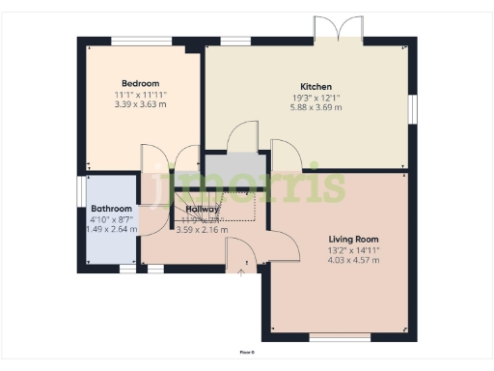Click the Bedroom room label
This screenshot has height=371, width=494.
[x=140, y=83]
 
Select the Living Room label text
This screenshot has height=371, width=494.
[x=353, y=239]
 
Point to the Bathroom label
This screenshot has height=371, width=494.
[x=111, y=209]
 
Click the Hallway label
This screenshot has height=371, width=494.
[x=202, y=209]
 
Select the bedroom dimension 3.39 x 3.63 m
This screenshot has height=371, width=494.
[x=140, y=104]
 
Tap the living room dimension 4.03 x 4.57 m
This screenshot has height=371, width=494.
[x=353, y=260]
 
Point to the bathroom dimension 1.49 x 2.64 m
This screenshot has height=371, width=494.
[x=111, y=230]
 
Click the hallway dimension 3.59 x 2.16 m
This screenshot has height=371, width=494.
[x=202, y=230]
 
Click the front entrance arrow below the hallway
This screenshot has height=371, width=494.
[x=240, y=273]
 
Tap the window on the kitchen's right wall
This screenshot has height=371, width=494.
[x=412, y=108]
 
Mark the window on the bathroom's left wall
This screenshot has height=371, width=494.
[x=81, y=189]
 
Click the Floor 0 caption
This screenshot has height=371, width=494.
[x=247, y=353]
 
